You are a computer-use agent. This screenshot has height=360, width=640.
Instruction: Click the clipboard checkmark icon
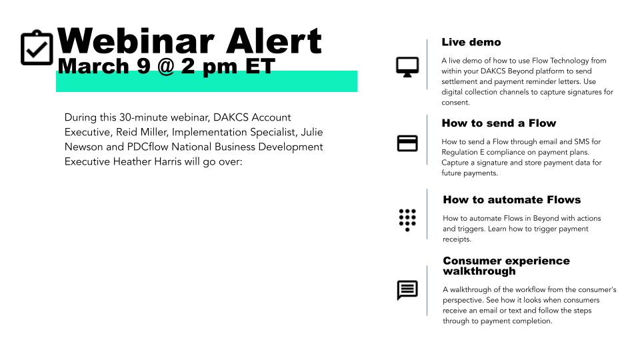tap(37, 47)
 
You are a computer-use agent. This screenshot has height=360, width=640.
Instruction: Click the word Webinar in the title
tap(136, 41)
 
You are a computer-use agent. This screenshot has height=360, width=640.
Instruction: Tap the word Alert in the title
tap(274, 41)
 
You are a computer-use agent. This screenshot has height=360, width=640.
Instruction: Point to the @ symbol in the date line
tap(166, 66)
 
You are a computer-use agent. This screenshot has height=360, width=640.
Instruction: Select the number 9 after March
tap(143, 66)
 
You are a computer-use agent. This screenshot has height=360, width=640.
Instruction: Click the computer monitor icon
tap(407, 67)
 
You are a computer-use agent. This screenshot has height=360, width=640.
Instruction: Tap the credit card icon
tap(407, 143)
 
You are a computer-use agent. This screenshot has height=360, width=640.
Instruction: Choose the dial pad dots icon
tap(407, 220)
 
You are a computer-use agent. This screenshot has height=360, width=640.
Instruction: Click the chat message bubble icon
tap(407, 290)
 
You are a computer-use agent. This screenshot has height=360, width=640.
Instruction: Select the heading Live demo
tap(471, 42)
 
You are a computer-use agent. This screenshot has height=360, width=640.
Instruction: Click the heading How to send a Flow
tap(499, 123)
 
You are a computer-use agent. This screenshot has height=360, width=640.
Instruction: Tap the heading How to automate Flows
tap(512, 199)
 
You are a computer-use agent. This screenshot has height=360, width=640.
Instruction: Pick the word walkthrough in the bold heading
tap(479, 271)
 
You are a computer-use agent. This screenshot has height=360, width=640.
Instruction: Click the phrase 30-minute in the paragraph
tap(143, 117)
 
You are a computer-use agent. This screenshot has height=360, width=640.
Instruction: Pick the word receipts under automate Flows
tap(457, 239)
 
